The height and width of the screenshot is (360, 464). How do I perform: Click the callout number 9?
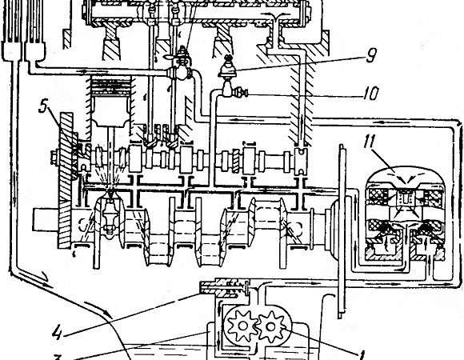[x=371, y=55]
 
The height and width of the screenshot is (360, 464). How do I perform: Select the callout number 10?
[x=370, y=94]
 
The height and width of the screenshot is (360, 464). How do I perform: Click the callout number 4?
[x=58, y=333]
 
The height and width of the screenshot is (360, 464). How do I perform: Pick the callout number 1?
[x=362, y=354]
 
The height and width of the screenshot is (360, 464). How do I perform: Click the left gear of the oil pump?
[x=242, y=326]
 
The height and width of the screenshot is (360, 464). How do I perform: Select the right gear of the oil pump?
[x=270, y=326]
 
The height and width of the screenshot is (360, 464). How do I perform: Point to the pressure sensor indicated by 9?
[x=227, y=67]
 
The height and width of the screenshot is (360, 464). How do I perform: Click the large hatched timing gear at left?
[x=66, y=180]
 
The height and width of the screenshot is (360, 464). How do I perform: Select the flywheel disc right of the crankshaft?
[x=342, y=230]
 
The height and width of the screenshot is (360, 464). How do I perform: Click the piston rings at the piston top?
[x=111, y=85]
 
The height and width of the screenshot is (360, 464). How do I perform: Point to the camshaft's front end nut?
[x=54, y=158]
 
